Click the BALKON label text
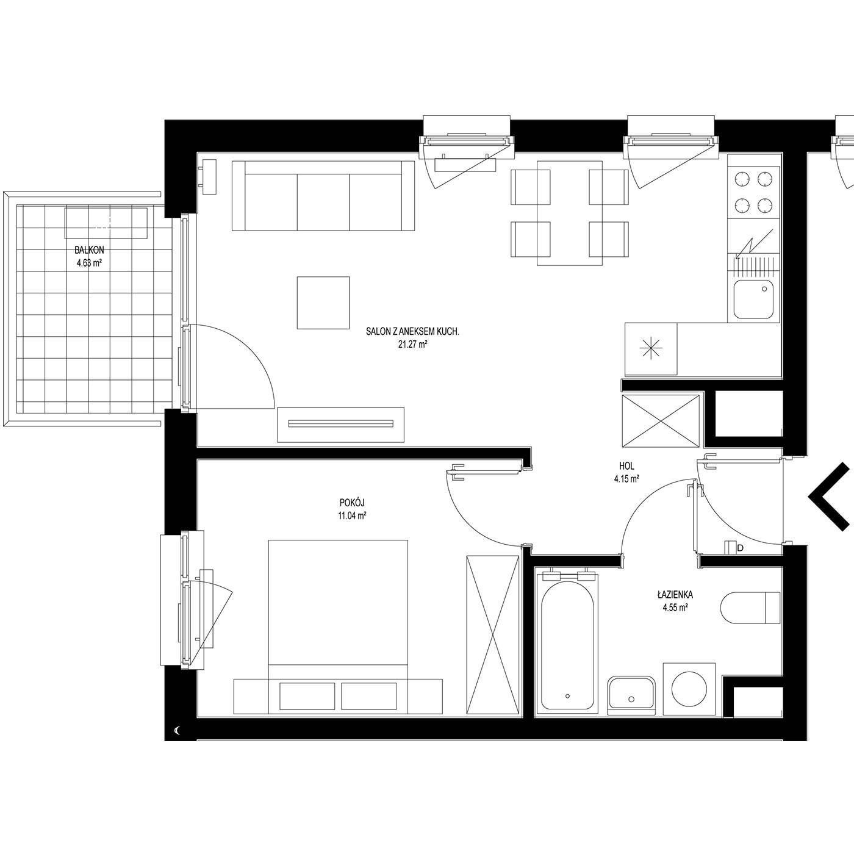pos(89,250)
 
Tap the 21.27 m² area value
pos(412,344)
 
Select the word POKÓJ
pos(352,503)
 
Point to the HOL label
pos(626,466)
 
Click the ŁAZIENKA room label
pos(675,595)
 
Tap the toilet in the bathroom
pos(750,608)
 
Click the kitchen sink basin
pos(753,300)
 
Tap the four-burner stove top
pos(753,192)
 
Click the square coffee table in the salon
pos(323,303)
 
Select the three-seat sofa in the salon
pos(323,195)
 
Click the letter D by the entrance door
pos(740,548)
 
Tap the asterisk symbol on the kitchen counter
pos(651,348)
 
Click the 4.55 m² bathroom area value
pos(675,608)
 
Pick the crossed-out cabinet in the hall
pos(661,420)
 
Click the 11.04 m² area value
pos(352,515)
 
